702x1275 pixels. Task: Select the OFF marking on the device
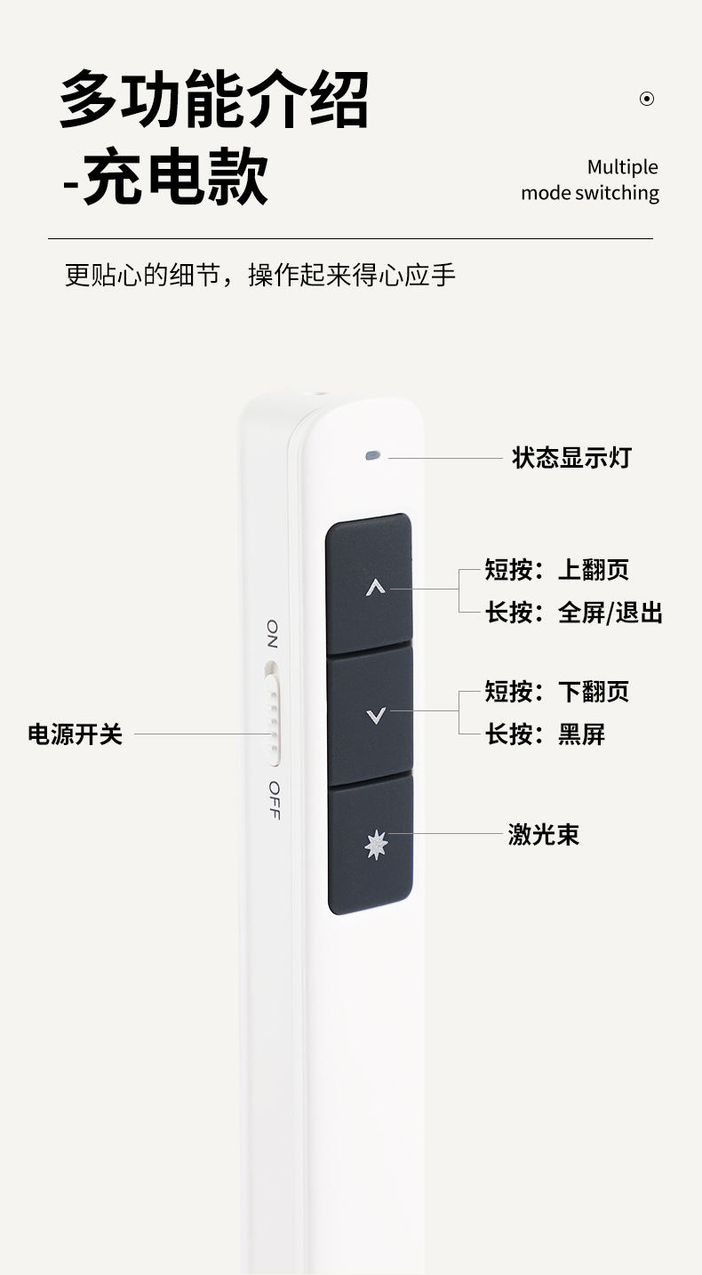pos(274,800)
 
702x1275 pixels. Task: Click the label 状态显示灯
pos(571,458)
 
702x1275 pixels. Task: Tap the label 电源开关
pos(75,734)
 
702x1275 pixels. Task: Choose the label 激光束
pos(543,834)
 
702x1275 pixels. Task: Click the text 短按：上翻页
pos(557,569)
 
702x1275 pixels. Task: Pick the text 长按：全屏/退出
pos(573,613)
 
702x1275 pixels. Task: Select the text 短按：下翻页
pos(557,691)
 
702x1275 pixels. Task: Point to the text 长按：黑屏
pos(545,734)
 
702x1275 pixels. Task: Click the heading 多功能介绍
pos(214,100)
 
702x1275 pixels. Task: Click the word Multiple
pos(622,167)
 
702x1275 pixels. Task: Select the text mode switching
pos(590,193)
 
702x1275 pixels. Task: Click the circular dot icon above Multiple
pos(647,99)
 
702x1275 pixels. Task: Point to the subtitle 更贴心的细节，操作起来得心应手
pos(260,275)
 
